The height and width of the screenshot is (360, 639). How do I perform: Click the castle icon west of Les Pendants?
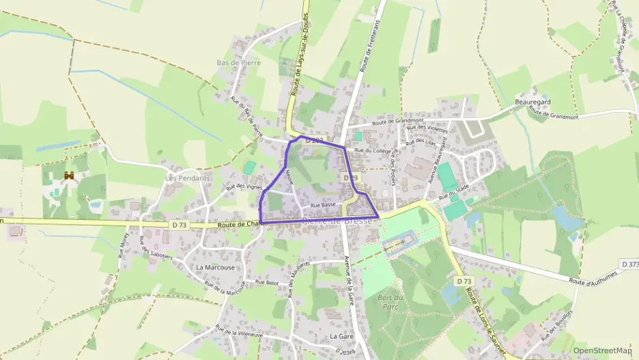tap(69, 176)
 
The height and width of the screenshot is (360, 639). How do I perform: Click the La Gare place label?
tap(341, 336)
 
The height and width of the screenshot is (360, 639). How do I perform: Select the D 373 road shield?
tap(630, 264)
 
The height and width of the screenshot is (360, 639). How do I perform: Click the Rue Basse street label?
tap(323, 204)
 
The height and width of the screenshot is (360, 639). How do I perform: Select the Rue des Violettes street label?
tap(427, 128)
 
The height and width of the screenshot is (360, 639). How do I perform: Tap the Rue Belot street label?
tap(267, 281)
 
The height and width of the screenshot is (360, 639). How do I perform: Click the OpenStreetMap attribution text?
tap(603, 350)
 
